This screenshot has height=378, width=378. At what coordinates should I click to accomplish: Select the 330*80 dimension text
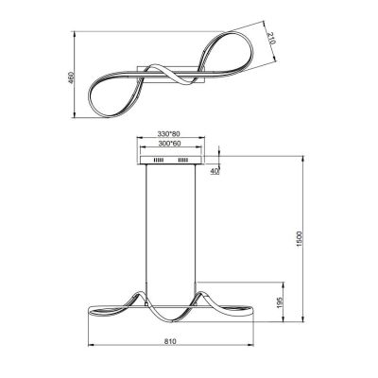tap(171, 134)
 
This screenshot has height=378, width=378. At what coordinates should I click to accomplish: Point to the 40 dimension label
tap(215, 171)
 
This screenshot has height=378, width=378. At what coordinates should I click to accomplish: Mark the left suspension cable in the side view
tap(146, 227)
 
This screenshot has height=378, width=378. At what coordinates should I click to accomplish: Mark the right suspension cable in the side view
tap(197, 227)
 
